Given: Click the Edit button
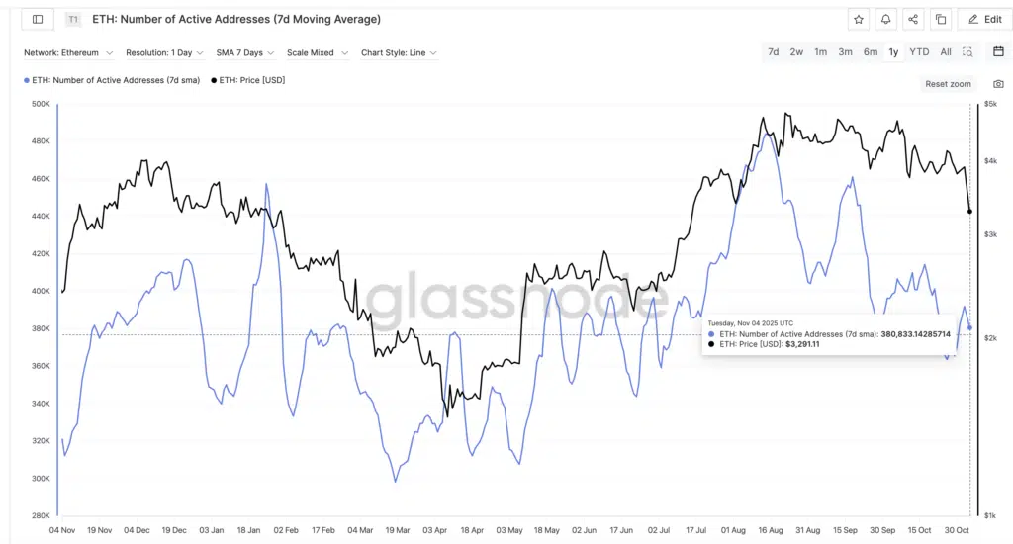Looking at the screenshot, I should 983,19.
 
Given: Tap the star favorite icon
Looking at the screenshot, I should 858,19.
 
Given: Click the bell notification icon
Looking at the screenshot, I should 885,19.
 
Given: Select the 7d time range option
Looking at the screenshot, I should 773,52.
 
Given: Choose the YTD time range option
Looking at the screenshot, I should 919,52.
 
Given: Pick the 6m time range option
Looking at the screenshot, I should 870,52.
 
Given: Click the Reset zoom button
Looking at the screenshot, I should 948,84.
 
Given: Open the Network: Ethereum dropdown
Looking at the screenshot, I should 68,52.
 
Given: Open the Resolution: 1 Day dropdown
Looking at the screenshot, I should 164,52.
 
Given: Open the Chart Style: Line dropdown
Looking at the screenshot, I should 399,52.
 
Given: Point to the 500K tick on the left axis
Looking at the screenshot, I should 40,104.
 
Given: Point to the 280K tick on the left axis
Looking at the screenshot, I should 40,515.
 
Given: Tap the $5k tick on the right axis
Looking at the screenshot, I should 990,104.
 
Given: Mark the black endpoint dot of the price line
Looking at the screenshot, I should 969,211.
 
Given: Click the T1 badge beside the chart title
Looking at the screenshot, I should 73,19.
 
